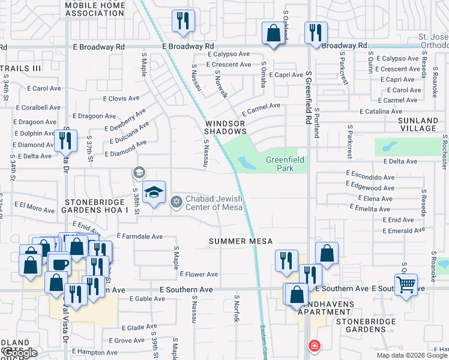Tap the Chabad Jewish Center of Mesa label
214,203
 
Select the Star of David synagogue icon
176,200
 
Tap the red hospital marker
313,346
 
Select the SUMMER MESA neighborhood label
241,241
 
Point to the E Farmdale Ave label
140,236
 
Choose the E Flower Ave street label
199,274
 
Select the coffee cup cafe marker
60,263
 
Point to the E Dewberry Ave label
125,120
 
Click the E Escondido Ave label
370,178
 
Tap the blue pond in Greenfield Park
246,163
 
